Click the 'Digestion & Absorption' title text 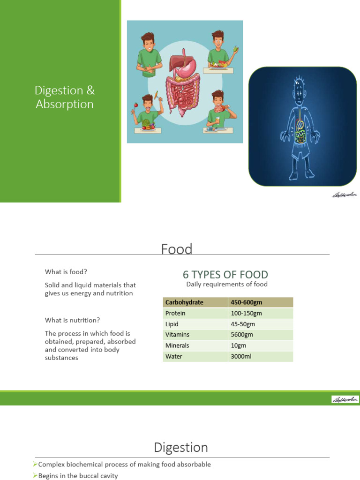pos(65,97)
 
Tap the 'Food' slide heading pos(177,249)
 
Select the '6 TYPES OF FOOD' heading pos(225,275)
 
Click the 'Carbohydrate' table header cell pos(184,302)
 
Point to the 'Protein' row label pos(175,313)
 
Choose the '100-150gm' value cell pos(247,313)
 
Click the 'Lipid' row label pos(172,324)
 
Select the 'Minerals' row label pos(177,345)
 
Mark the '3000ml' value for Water pos(241,356)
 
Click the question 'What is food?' pos(66,272)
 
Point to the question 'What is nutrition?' pos(72,320)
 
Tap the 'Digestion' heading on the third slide pos(181,448)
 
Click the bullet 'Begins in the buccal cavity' pos(78,476)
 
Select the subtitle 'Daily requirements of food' pos(227,284)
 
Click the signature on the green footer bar pos(345,399)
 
